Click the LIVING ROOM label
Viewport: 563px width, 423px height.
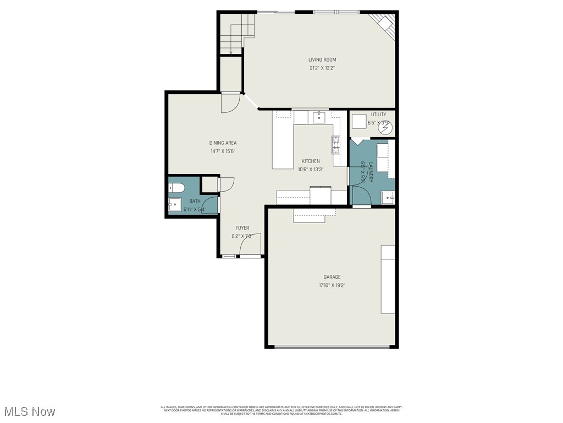click(322, 59)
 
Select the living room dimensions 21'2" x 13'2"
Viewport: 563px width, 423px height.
click(322, 68)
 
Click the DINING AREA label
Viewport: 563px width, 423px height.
click(223, 143)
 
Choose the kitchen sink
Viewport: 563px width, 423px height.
click(318, 117)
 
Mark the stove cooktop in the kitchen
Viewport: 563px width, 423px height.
click(335, 144)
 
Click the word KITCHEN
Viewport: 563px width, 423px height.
click(311, 161)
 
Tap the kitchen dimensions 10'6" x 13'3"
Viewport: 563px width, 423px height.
click(311, 170)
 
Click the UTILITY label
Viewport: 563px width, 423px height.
click(378, 115)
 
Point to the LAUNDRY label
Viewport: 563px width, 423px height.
click(371, 172)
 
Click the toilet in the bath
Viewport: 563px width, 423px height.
click(175, 188)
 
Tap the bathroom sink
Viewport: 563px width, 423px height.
click(175, 205)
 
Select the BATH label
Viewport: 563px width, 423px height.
click(195, 202)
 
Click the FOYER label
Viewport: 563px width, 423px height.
click(242, 228)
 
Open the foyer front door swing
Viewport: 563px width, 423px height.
click(250, 245)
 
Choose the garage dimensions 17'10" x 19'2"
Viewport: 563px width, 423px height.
click(332, 285)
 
